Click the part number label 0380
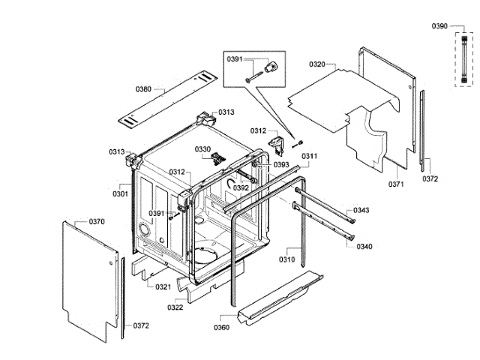coord(143,89)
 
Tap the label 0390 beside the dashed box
coord(439,26)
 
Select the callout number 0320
coord(317,65)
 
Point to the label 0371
coord(397,184)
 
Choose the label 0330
coord(203,149)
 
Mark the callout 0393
coord(281,164)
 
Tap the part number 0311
coord(310,156)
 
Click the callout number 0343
coord(361,210)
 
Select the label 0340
coord(364,247)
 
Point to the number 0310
coord(286,260)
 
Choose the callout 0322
coord(175,307)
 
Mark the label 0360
coord(222,328)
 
